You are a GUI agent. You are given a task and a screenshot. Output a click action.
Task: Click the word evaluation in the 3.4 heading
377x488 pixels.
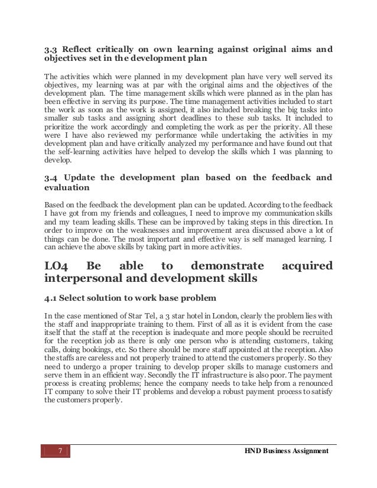click(x=67, y=188)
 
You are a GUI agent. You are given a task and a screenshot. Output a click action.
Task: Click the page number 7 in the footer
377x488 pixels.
click(x=58, y=453)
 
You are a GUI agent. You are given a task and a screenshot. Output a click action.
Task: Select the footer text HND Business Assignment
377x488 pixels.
click(x=287, y=453)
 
